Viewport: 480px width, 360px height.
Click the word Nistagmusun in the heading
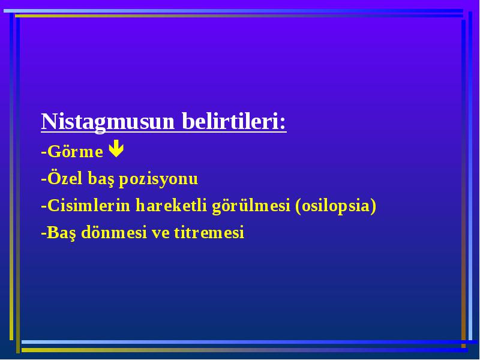click(108, 122)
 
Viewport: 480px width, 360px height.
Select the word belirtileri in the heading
click(230, 121)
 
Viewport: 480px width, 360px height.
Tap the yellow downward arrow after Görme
click(116, 148)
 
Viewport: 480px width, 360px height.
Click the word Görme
click(76, 152)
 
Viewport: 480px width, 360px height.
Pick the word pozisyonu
click(158, 179)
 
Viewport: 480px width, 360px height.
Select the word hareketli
click(172, 205)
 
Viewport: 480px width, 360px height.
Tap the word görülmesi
click(251, 206)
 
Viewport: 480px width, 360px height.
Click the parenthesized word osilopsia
click(335, 206)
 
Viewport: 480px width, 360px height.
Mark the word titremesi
click(209, 232)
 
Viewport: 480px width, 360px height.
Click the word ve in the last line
click(161, 234)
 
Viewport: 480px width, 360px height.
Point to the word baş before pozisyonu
click(101, 179)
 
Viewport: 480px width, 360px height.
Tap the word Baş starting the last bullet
click(61, 233)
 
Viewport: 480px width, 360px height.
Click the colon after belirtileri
click(283, 123)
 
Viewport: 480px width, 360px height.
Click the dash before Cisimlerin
click(44, 206)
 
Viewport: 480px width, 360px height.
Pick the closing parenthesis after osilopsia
click(373, 206)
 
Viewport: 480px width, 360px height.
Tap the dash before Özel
click(44, 179)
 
